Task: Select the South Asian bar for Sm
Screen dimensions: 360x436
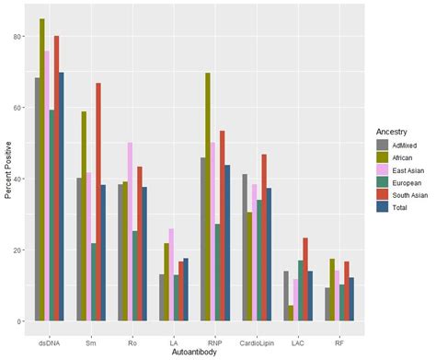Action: tap(98, 202)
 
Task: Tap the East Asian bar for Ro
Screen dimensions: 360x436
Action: tap(131, 231)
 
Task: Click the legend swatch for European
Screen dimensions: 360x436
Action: tap(383, 183)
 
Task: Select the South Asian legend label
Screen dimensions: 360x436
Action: tap(413, 197)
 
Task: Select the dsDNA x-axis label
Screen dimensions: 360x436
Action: tap(49, 342)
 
